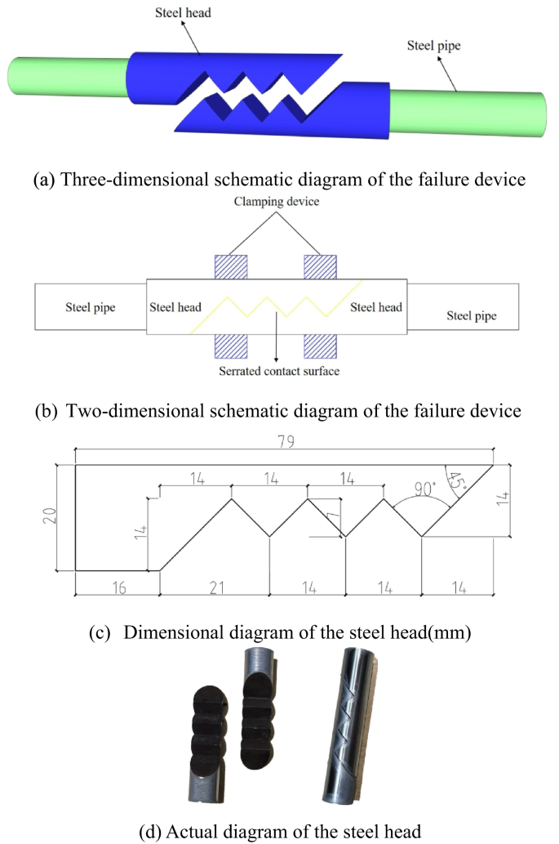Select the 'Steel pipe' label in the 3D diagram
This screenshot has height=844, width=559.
(x=433, y=46)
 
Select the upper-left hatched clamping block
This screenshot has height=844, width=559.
(x=230, y=267)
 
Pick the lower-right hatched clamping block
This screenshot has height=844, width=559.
(x=320, y=348)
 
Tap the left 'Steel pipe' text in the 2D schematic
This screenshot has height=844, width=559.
(x=90, y=308)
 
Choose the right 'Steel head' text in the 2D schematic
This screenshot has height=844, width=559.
(x=376, y=307)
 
